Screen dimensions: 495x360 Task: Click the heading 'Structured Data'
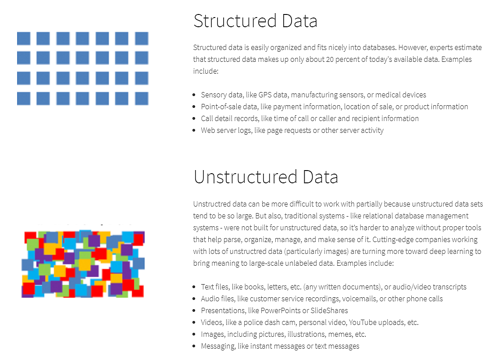coord(256,21)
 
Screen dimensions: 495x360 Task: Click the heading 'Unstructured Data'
coord(266,177)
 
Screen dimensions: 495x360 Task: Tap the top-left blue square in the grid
coord(24,39)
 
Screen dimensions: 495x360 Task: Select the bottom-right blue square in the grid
coord(142,99)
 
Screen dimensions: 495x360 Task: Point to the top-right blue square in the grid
coord(142,39)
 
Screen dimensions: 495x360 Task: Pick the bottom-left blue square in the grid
coord(24,99)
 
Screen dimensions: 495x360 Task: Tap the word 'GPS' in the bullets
coord(265,95)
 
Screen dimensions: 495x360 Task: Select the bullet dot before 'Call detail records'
coord(194,119)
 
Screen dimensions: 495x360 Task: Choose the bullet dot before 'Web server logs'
coord(194,130)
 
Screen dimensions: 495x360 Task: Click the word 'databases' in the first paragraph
coord(379,47)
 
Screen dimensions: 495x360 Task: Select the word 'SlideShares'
coord(329,310)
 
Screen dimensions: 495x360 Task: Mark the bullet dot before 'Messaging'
coord(194,346)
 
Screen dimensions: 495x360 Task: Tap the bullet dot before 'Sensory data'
coord(194,95)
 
